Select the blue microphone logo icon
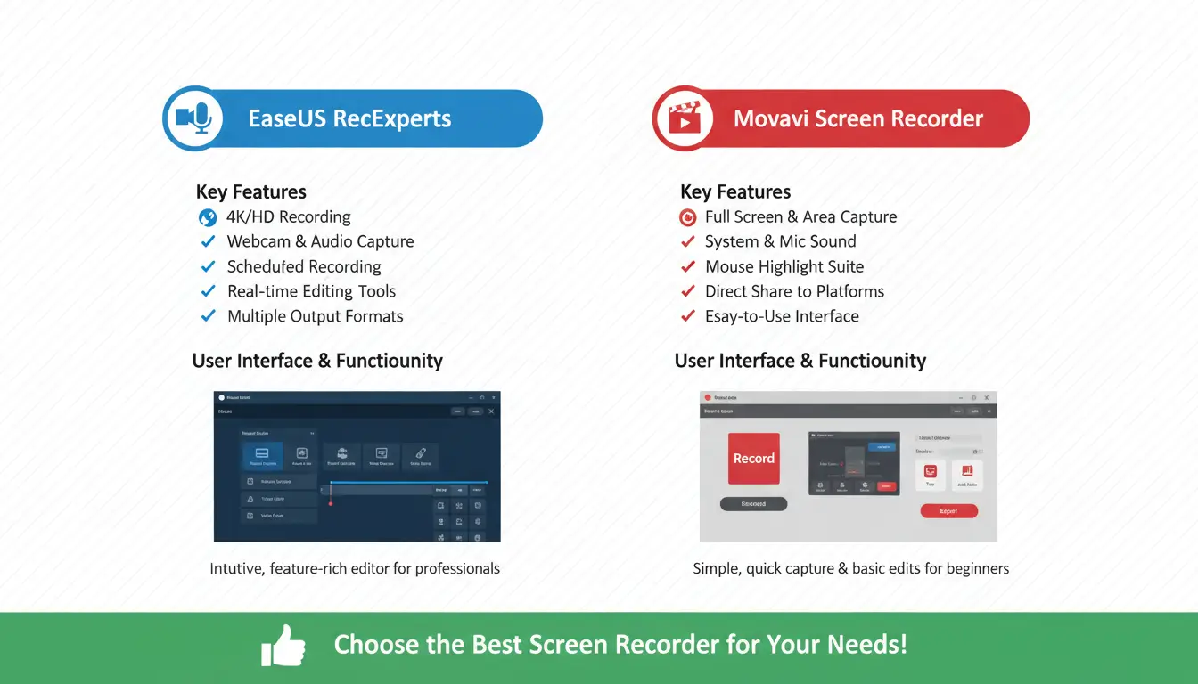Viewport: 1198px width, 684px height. (193, 118)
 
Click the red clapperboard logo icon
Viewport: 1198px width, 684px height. (684, 118)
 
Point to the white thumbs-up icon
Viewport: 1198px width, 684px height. (283, 645)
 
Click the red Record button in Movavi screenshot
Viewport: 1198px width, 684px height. (753, 459)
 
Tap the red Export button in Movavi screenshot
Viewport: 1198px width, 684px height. (948, 511)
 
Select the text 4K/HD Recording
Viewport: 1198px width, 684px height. (288, 216)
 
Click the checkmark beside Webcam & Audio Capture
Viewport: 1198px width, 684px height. (208, 241)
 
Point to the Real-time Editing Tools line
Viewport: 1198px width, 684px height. (311, 291)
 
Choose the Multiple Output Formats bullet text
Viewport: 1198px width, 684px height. (315, 316)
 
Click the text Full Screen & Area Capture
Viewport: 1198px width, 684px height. (800, 216)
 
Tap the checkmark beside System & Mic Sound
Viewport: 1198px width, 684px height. (687, 241)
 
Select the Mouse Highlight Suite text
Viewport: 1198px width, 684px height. (784, 266)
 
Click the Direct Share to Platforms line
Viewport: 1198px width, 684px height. (794, 291)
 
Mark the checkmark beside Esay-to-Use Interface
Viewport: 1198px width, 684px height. (687, 316)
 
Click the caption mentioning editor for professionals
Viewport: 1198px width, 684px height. (355, 568)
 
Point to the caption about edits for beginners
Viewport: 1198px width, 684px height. (850, 568)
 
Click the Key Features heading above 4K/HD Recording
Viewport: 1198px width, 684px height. (250, 191)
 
